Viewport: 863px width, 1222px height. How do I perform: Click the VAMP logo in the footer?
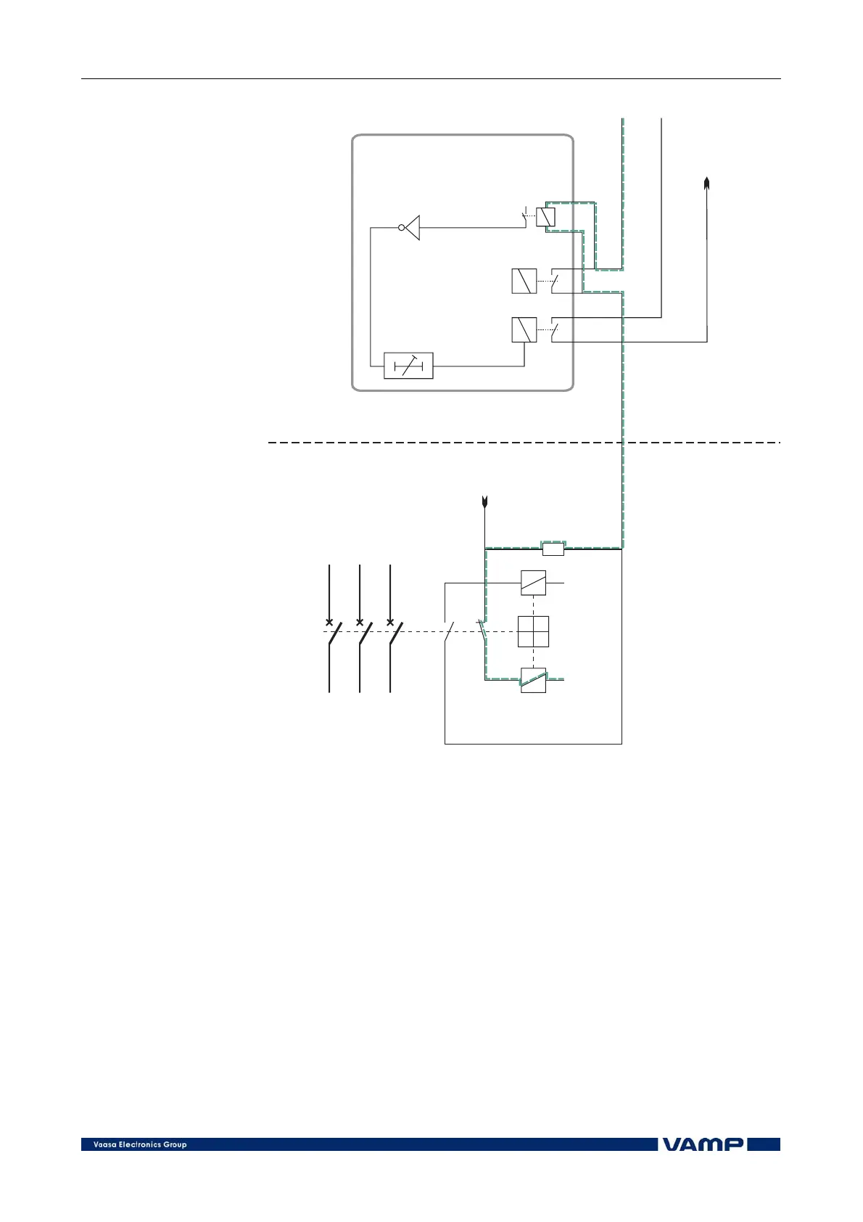pos(703,1144)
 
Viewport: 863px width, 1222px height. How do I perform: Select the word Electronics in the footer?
pos(142,1145)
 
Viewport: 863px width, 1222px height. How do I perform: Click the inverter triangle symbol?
pos(413,228)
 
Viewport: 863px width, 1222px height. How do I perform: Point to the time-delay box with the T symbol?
pos(408,366)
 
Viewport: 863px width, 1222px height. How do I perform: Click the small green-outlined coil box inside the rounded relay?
pos(545,217)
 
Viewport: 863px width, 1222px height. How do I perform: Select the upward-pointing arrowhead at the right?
pos(706,182)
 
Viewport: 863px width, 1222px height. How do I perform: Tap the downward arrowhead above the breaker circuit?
pos(484,501)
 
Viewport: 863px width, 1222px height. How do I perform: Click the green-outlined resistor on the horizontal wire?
pos(553,549)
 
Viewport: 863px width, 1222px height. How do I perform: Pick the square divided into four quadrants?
pos(533,631)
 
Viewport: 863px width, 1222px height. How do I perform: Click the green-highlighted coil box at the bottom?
pos(533,680)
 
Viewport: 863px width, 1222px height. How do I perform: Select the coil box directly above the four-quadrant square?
pos(533,583)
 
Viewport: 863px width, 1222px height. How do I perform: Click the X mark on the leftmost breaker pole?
pos(329,622)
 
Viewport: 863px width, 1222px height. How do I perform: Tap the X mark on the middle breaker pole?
pos(360,622)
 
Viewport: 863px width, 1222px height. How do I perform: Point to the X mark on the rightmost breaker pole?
pos(390,622)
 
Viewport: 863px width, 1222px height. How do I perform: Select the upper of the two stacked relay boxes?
pos(524,281)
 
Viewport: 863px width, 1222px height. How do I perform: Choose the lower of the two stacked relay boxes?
pos(524,329)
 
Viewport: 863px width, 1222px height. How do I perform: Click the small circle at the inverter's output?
pos(401,228)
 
